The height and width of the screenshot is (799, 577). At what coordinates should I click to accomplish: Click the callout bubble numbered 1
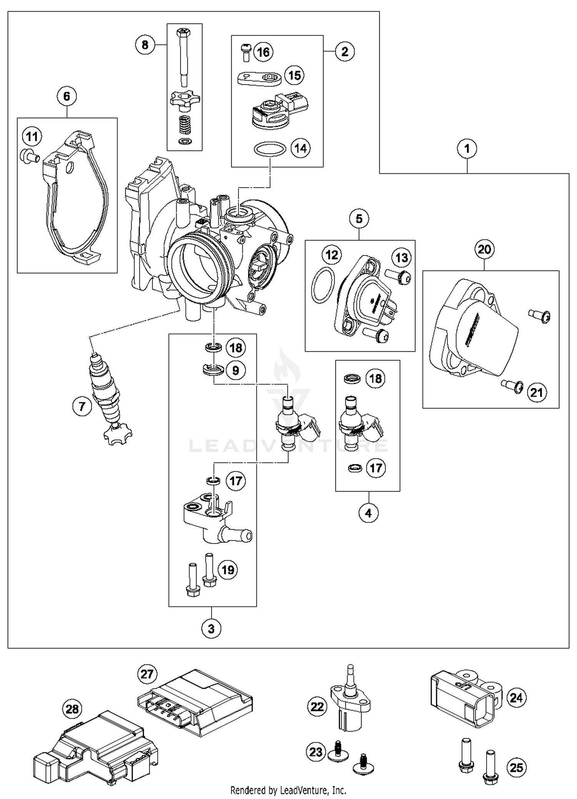click(467, 148)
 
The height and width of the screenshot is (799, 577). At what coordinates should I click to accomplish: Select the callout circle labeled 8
click(145, 45)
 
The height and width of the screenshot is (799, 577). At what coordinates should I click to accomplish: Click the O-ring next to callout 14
click(270, 149)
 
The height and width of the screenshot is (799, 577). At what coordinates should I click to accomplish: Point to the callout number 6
click(67, 96)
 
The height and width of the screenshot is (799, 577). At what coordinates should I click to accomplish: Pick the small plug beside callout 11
click(29, 155)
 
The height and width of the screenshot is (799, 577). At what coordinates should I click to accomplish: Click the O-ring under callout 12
click(322, 285)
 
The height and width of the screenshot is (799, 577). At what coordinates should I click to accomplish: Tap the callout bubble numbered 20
click(484, 249)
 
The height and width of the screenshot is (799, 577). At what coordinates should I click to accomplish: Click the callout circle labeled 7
click(82, 406)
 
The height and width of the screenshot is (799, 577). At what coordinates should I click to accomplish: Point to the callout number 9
click(235, 370)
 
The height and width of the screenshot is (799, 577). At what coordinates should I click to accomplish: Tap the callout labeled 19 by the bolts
click(228, 570)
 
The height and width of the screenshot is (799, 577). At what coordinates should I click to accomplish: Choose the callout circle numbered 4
click(368, 513)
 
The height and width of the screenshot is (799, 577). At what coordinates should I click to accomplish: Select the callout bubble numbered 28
click(72, 709)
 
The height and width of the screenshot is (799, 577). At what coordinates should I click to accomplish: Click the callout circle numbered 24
click(516, 697)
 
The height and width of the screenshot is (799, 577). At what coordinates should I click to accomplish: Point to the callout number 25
click(516, 767)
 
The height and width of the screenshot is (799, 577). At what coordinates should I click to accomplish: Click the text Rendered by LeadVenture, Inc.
click(288, 790)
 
